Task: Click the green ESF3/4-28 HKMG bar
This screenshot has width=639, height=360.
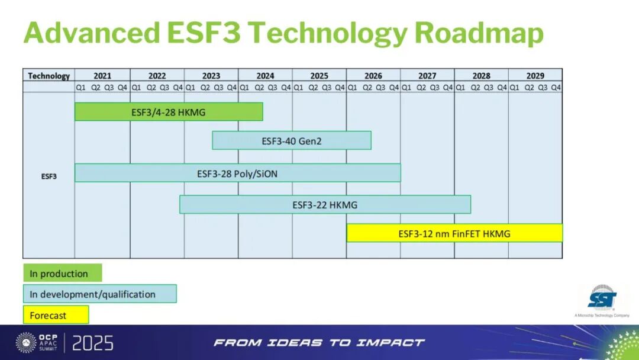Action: pyautogui.click(x=169, y=112)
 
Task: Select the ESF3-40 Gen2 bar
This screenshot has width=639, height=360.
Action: pyautogui.click(x=291, y=141)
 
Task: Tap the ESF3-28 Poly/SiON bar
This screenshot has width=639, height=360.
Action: pyautogui.click(x=238, y=173)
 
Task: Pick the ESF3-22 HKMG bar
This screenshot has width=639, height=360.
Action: pyautogui.click(x=325, y=204)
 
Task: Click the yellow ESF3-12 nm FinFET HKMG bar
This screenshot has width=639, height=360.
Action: pyautogui.click(x=454, y=233)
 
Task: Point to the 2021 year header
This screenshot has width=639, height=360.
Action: pyautogui.click(x=102, y=76)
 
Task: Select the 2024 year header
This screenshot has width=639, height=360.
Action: pyautogui.click(x=265, y=76)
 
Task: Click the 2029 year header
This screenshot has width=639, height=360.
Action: pyautogui.click(x=535, y=76)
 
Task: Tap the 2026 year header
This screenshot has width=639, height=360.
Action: pyautogui.click(x=373, y=76)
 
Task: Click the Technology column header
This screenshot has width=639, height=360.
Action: pyautogui.click(x=49, y=76)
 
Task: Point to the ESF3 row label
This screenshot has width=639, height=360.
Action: pyautogui.click(x=49, y=176)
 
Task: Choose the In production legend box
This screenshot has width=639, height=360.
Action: pyautogui.click(x=62, y=273)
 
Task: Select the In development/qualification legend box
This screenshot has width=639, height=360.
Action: pyautogui.click(x=100, y=294)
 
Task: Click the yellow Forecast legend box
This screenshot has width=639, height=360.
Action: pyautogui.click(x=56, y=315)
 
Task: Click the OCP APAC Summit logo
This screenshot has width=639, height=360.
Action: pyautogui.click(x=37, y=342)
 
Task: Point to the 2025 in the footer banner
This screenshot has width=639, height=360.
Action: pyautogui.click(x=92, y=343)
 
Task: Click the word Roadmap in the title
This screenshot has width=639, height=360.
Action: pyautogui.click(x=479, y=33)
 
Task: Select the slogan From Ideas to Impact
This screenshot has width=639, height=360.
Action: pyautogui.click(x=319, y=342)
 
